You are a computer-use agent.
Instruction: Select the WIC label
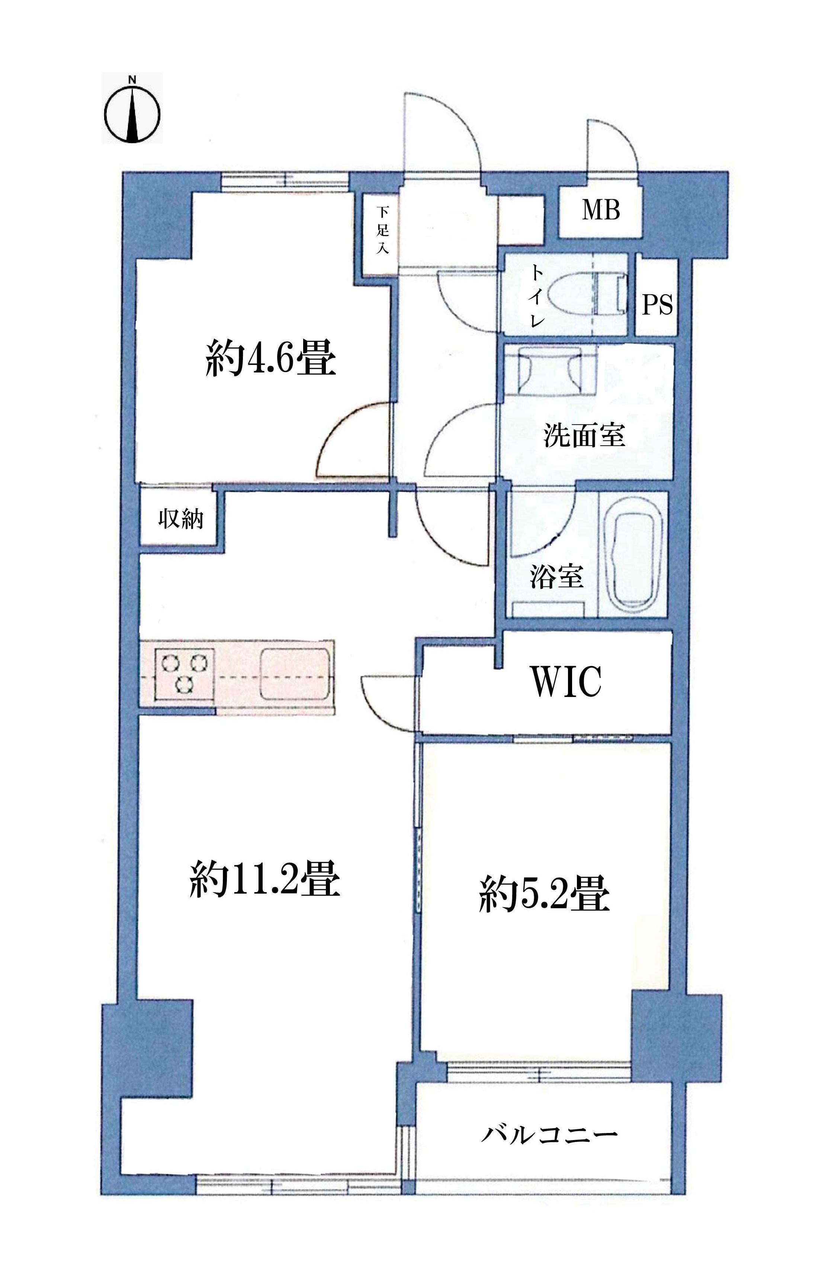[x=566, y=681]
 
